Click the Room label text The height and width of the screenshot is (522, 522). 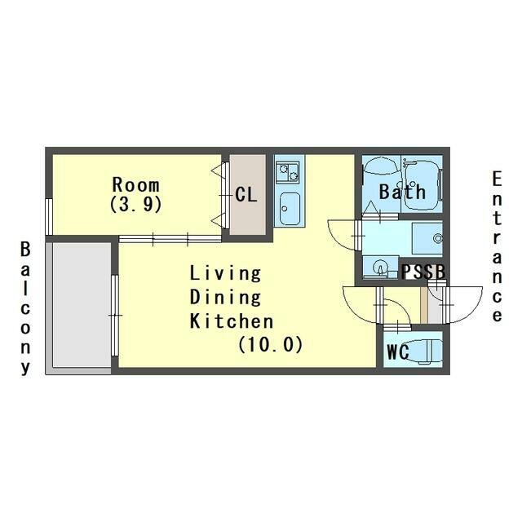tap(136, 185)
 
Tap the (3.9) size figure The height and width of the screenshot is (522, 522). tap(136, 204)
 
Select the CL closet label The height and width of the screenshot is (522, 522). tap(246, 194)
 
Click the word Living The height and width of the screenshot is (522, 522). tap(225, 274)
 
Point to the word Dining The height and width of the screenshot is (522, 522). tap(225, 297)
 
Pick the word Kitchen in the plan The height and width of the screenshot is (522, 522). tap(232, 321)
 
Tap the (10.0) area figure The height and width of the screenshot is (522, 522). tap(270, 344)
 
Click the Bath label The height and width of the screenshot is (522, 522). tap(402, 192)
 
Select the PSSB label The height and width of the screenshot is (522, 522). tap(423, 272)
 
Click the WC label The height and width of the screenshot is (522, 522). tap(398, 352)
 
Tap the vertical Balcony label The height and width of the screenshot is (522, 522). tap(25, 308)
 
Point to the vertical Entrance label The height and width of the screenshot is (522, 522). tap(497, 246)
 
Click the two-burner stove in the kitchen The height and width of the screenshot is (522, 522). tap(288, 172)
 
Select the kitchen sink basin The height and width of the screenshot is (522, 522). tap(290, 209)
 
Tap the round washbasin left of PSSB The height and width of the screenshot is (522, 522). tap(379, 267)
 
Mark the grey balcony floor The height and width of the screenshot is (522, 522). tap(82, 305)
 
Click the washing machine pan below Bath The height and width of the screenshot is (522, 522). tap(427, 238)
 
